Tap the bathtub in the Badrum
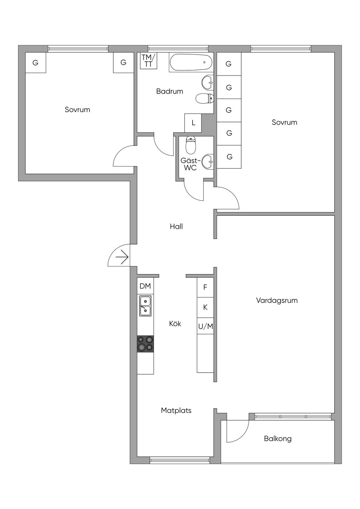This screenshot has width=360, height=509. (191, 63)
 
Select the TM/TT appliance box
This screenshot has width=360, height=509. (148, 60)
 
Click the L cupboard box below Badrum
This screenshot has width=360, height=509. (193, 123)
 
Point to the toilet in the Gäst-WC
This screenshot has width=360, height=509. (191, 145)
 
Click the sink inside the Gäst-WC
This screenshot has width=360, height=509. (208, 161)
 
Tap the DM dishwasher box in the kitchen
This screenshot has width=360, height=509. (145, 286)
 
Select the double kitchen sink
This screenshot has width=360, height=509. (145, 306)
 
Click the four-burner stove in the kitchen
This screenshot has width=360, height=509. (145, 343)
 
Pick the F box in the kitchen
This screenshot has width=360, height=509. (205, 287)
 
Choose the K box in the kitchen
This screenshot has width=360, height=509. (205, 307)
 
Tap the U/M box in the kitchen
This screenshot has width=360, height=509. (206, 327)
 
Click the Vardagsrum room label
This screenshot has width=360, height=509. (277, 301)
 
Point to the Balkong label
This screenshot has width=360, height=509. (278, 439)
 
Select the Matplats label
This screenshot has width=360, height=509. (176, 411)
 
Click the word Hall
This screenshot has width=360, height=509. (176, 227)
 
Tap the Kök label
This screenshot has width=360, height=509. (175, 324)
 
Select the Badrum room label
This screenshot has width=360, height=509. (170, 91)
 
